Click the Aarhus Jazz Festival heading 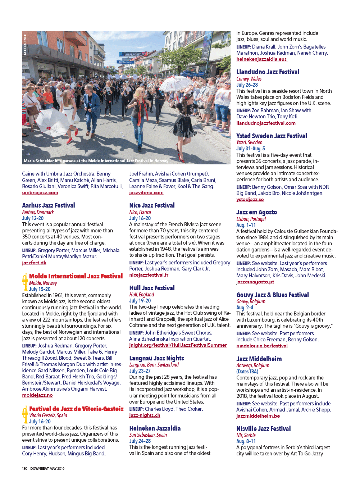pyautogui.click(x=49, y=205)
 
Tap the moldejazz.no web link pyautogui.click(x=37, y=395)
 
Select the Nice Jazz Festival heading pyautogui.click(x=152, y=205)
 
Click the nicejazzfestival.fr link pyautogui.click(x=149, y=275)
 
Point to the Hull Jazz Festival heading pyautogui.click(x=152, y=288)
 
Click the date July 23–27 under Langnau pyautogui.click(x=140, y=371)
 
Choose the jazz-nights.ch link pyautogui.click(x=145, y=415)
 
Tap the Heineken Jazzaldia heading pyautogui.click(x=155, y=428)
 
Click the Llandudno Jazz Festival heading pyautogui.click(x=268, y=72)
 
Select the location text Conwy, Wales pyautogui.click(x=249, y=79)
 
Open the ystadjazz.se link pyautogui.click(x=250, y=199)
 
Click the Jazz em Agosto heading pyautogui.click(x=256, y=212)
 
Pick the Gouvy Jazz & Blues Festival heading pyautogui.click(x=272, y=295)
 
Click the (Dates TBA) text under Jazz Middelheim pyautogui.click(x=247, y=372)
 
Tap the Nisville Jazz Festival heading pyautogui.click(x=263, y=429)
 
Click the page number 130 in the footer pyautogui.click(x=24, y=468)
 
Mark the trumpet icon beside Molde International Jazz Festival pyautogui.click(x=25, y=281)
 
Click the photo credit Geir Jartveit pyautogui.click(x=25, y=44)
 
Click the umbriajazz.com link pyautogui.click(x=40, y=192)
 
